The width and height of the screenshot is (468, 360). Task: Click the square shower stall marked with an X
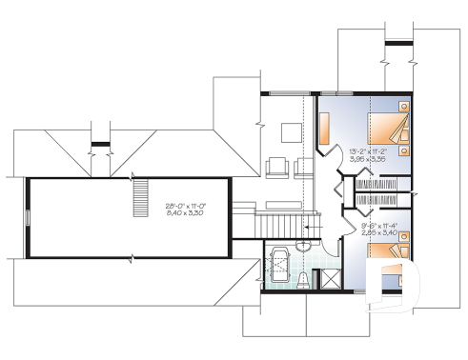329,279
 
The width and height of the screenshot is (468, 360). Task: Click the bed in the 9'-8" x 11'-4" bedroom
387,254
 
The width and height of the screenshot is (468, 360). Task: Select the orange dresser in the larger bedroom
324,126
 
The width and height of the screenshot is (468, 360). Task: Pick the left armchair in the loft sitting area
277,167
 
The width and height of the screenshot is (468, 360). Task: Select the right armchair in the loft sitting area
304,167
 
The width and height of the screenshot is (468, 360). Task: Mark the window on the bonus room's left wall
27,216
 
